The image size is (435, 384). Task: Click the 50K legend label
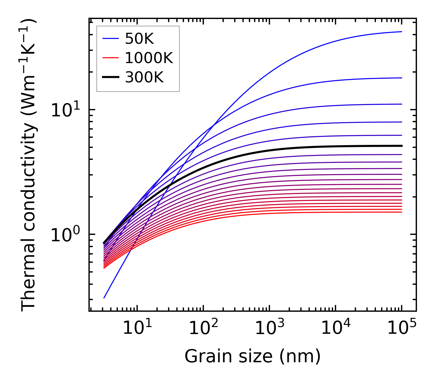(x=139, y=39)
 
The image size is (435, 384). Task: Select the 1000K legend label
(x=149, y=58)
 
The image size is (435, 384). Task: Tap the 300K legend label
(x=144, y=77)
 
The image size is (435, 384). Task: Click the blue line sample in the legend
(x=110, y=39)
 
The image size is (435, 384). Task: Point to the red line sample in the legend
(x=110, y=58)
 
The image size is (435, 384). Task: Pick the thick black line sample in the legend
(x=110, y=77)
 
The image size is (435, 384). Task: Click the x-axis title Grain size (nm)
(x=253, y=356)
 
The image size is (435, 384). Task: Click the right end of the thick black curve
(x=402, y=146)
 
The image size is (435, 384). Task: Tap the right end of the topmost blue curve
(x=402, y=32)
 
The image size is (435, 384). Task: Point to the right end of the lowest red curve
(x=402, y=212)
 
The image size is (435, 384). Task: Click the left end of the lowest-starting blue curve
(x=104, y=298)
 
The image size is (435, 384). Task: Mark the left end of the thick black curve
(x=104, y=243)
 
